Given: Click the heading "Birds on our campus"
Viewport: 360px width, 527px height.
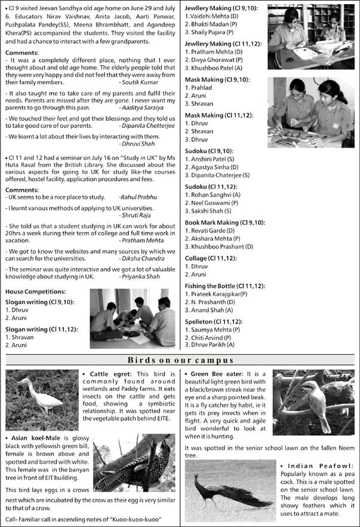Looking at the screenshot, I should click(180, 360).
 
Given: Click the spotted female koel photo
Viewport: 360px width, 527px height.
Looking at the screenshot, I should click(134, 462).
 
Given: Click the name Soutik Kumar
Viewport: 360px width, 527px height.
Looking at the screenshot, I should click(140, 81).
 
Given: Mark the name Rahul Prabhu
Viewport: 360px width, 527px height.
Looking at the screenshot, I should click(139, 197).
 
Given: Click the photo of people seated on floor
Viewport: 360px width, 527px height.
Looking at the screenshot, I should click(133, 318).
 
